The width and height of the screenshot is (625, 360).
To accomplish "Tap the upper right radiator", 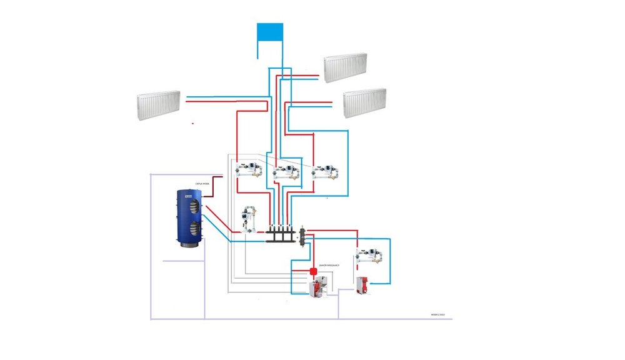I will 345,67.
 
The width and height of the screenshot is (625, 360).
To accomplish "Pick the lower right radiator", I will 364,102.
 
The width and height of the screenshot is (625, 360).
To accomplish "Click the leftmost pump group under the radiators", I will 249,171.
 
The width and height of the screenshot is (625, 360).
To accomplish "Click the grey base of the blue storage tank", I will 192,246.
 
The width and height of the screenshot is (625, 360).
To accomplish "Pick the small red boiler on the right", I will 361,285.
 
